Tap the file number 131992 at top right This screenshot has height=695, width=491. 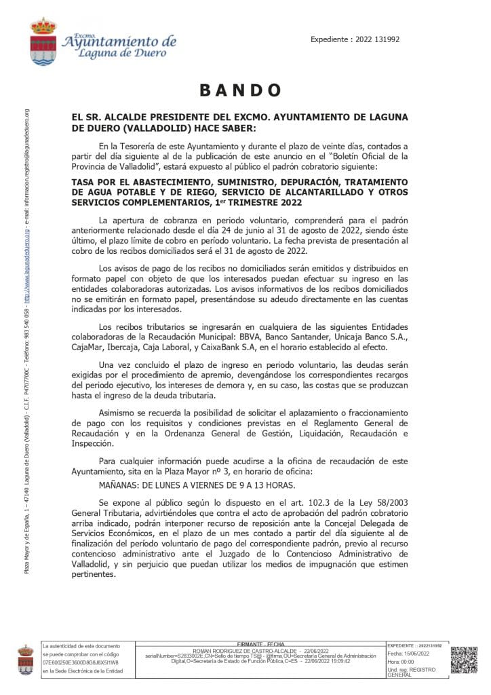pos(385,39)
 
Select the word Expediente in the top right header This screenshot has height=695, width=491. pos(332,39)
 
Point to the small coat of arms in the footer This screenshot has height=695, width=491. pos(25,660)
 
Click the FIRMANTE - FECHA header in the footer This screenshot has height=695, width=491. pos(261,643)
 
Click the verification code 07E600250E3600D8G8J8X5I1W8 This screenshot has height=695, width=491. pos(81,662)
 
